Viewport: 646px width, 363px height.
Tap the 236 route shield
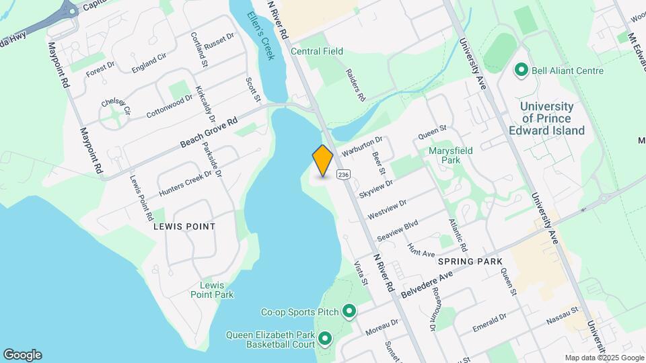(x=343, y=175)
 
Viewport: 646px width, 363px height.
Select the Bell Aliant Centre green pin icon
(x=520, y=70)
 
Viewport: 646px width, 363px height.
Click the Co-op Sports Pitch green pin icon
(x=349, y=311)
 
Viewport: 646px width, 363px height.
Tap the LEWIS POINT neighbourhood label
(x=184, y=227)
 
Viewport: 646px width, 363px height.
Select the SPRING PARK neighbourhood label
(x=470, y=261)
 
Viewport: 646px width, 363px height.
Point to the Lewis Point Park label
(x=211, y=290)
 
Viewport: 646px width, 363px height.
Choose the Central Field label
(x=317, y=51)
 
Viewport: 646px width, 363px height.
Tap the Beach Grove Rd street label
(x=209, y=134)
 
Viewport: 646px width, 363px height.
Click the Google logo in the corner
(x=22, y=354)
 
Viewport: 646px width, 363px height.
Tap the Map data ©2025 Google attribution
(x=603, y=358)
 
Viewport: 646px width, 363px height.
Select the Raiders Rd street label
(x=355, y=85)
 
